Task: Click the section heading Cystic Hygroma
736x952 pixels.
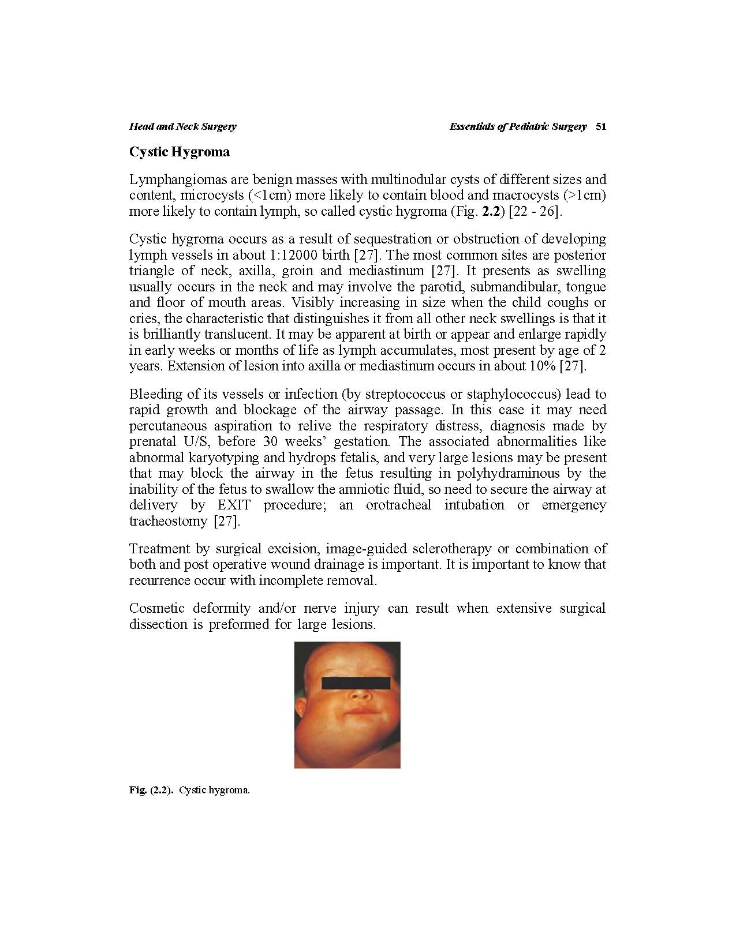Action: pyautogui.click(x=180, y=152)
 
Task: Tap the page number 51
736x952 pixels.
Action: pyautogui.click(x=600, y=127)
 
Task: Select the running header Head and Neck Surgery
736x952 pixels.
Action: pyautogui.click(x=182, y=127)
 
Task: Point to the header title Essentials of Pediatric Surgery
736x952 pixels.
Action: pyautogui.click(x=518, y=127)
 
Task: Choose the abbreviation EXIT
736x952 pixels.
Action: pyautogui.click(x=234, y=505)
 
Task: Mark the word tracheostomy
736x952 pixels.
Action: pyautogui.click(x=168, y=522)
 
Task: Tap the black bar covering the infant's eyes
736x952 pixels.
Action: pyautogui.click(x=356, y=683)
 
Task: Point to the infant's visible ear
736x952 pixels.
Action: pyautogui.click(x=301, y=709)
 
